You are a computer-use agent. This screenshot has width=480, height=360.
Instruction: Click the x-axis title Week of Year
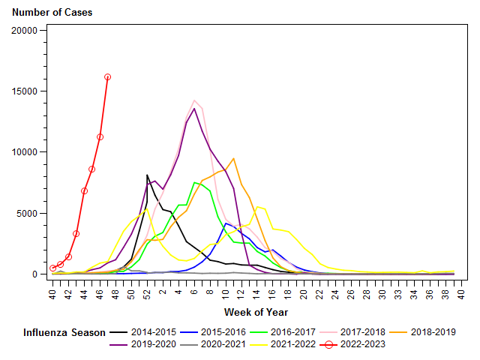255,311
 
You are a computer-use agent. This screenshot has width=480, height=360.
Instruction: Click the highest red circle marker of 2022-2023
108,76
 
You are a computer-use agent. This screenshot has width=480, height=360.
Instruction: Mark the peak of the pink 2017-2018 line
194,100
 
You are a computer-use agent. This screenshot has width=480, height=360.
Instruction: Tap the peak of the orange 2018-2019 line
234,158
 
